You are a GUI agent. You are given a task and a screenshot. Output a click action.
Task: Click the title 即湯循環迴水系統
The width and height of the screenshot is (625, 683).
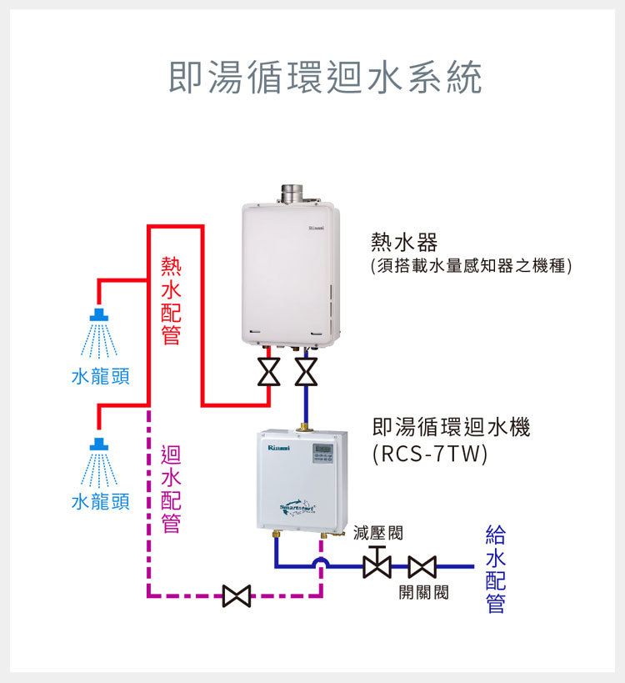click(325, 78)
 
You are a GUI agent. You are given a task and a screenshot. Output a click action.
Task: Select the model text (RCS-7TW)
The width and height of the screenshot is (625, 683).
click(430, 454)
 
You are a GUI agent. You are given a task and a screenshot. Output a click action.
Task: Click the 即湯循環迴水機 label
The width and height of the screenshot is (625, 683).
click(451, 428)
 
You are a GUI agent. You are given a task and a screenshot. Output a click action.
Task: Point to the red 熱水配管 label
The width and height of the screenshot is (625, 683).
click(172, 301)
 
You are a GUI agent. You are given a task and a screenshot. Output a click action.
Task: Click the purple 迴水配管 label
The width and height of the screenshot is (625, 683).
click(171, 489)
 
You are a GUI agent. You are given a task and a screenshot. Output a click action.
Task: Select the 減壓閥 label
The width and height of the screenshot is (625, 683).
click(377, 532)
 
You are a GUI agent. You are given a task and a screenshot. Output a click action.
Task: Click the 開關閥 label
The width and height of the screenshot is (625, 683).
click(423, 592)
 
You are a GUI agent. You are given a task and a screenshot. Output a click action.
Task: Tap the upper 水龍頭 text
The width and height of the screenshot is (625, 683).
click(100, 376)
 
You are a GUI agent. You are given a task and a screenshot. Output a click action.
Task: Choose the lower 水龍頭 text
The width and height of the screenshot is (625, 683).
click(100, 502)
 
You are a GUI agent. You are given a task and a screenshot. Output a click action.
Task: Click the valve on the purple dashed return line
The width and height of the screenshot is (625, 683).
click(237, 596)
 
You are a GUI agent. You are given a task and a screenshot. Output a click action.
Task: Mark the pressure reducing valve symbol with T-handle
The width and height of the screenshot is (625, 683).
click(377, 565)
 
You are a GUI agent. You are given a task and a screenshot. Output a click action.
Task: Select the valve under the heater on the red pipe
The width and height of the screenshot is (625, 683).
click(268, 371)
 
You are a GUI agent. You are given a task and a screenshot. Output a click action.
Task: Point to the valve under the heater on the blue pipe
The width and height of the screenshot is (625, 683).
click(307, 371)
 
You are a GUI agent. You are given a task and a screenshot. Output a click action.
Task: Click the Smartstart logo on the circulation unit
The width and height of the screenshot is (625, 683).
click(298, 505)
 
